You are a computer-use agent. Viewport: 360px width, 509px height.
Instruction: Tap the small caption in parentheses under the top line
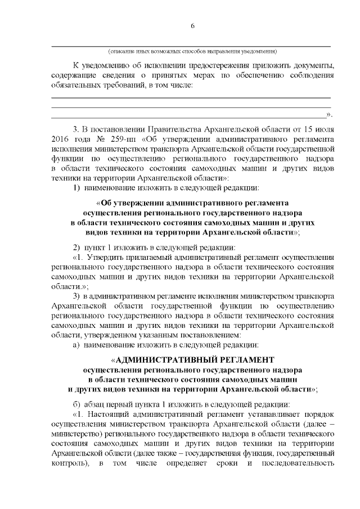[192, 51]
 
